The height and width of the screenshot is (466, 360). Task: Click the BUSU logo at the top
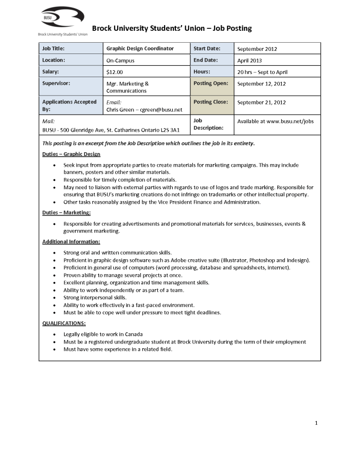(x=62, y=19)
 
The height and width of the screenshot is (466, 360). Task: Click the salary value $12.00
(x=115, y=72)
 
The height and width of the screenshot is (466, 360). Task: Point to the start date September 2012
(x=257, y=49)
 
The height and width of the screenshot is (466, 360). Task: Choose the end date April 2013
(x=249, y=60)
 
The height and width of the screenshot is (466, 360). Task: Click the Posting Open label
(x=211, y=83)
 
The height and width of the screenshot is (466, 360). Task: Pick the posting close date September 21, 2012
(x=261, y=102)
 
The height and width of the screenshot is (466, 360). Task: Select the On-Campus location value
(x=120, y=60)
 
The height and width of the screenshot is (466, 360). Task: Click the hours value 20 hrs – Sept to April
(x=262, y=72)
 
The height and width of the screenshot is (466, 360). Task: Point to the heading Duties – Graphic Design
(x=71, y=154)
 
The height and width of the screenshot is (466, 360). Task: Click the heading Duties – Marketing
(x=66, y=212)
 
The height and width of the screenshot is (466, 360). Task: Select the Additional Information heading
(x=71, y=241)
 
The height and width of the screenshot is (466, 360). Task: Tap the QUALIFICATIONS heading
(x=64, y=323)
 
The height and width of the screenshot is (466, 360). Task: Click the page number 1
(x=316, y=423)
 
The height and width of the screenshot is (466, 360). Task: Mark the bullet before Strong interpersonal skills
(x=56, y=297)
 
